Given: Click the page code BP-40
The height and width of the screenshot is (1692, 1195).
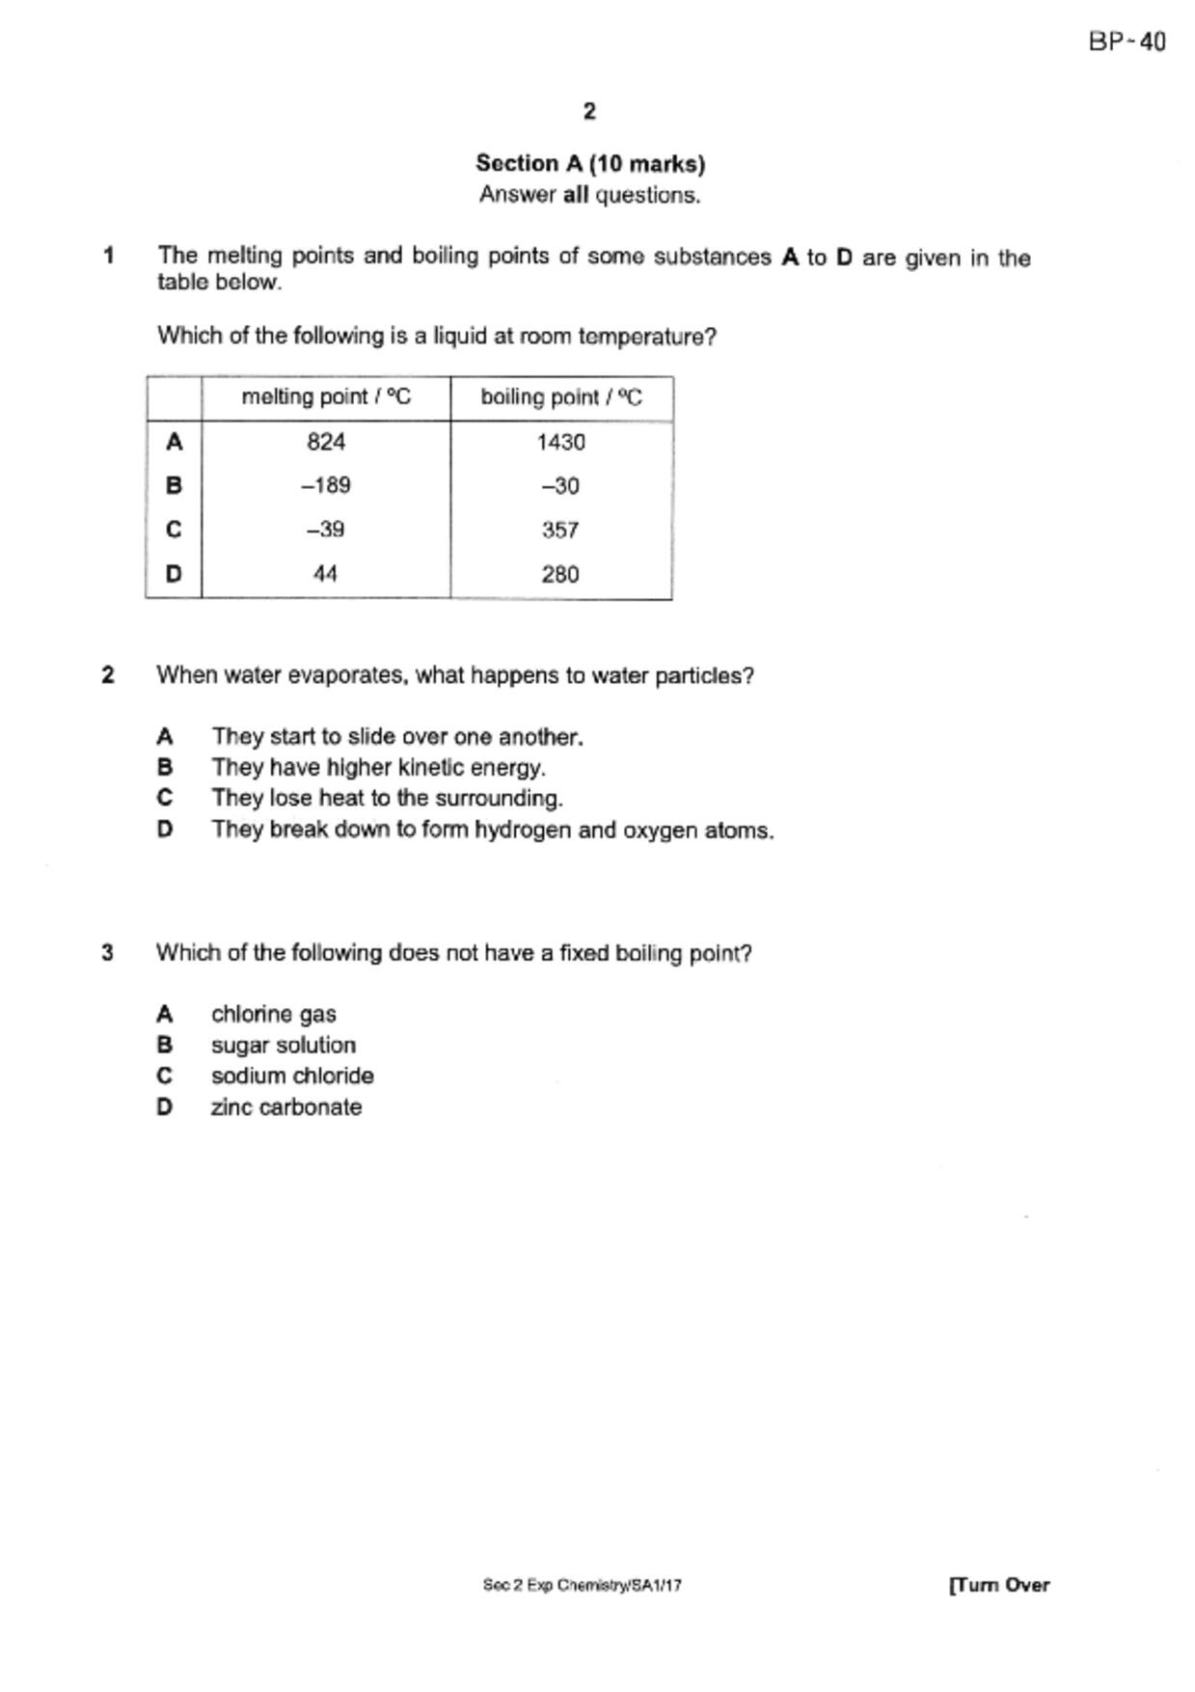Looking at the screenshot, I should coord(1127,42).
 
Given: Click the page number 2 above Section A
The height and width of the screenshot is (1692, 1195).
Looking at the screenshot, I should coord(589,112).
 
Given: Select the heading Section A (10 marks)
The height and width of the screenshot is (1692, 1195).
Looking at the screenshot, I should coord(589,164).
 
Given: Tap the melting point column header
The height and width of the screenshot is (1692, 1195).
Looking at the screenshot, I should coord(326,397).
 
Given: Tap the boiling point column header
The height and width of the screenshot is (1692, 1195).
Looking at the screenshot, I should coord(561,397).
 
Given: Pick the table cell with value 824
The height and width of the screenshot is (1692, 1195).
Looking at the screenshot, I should coord(326,442).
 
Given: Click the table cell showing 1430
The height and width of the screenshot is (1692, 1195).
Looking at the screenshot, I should coord(561,442).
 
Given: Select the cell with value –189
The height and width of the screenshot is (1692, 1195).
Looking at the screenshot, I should coord(326,485).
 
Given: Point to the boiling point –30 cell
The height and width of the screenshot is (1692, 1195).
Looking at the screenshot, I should coord(560,486).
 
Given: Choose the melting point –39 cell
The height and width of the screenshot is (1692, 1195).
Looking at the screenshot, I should coord(326,530).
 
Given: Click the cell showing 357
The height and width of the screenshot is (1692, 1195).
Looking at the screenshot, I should coord(560,530).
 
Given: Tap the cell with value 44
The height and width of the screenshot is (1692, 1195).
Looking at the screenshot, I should coord(326,574).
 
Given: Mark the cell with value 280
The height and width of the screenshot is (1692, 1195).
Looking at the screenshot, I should coord(560,574).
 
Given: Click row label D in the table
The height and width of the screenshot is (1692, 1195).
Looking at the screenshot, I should coord(174,574).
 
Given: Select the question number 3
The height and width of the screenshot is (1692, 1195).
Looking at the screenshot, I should coord(108,953).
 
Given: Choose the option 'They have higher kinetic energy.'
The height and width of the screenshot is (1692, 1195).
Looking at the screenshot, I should coord(378,768).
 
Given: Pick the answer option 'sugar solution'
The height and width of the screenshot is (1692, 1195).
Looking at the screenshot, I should coord(284,1046).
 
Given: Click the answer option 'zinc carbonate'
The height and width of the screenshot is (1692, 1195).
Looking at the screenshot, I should coord(286,1107).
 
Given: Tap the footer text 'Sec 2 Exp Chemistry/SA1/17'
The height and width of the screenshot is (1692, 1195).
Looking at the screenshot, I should coord(583,1585).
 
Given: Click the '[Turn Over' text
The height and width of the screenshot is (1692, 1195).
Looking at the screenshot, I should coord(999,1585).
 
